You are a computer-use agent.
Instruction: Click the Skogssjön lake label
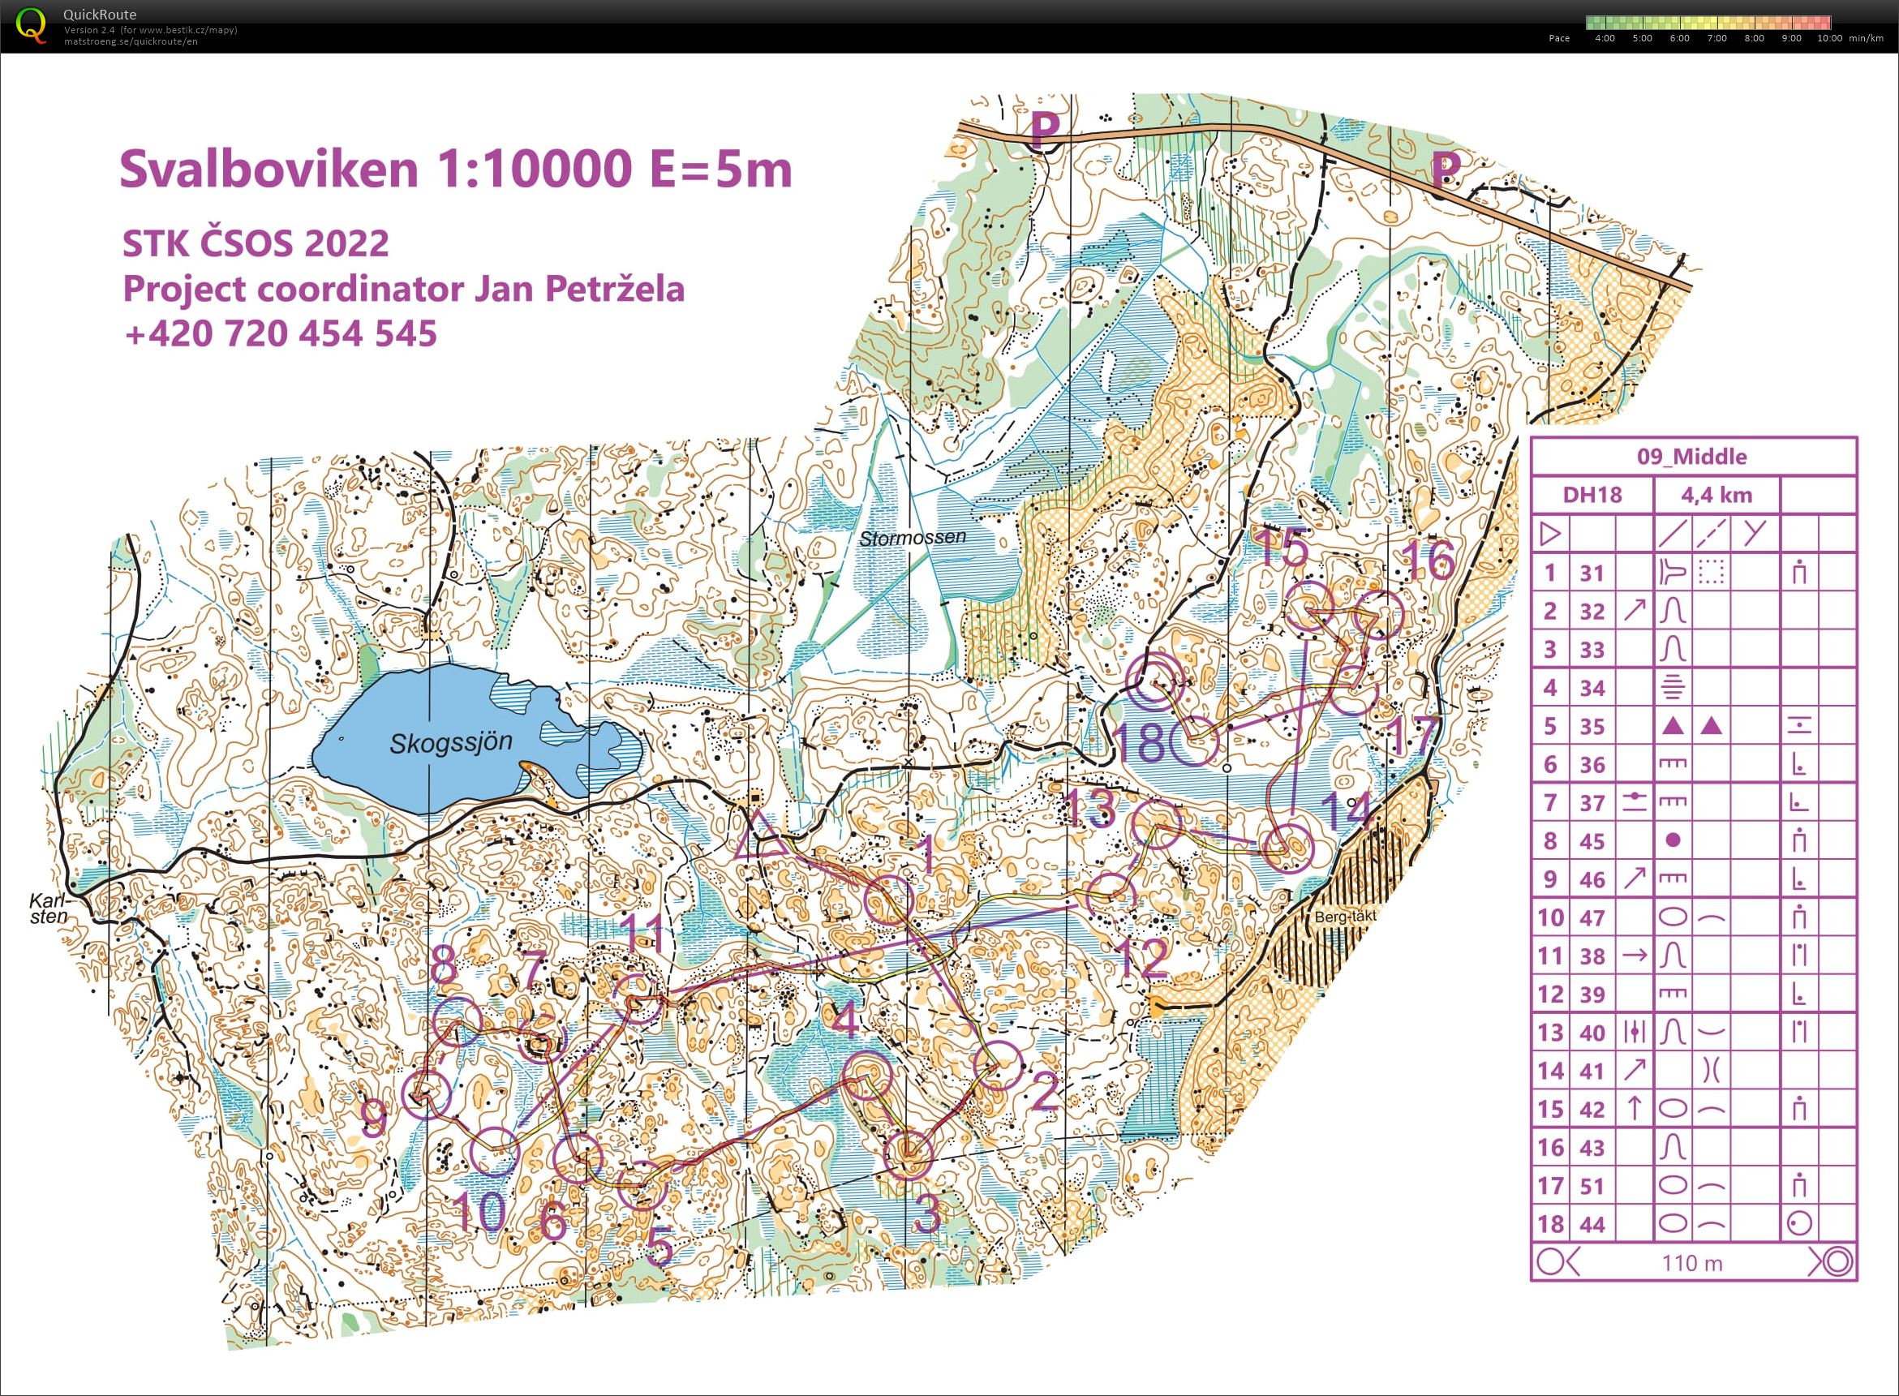pos(450,744)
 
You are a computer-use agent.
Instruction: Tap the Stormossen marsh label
pos(912,538)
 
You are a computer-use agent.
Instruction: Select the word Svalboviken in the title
pos(269,169)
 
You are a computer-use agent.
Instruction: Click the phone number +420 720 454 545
pos(280,332)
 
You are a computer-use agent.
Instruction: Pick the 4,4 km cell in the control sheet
pos(1716,494)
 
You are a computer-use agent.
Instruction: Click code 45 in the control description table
pos(1592,841)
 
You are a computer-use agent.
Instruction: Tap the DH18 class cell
pos(1592,494)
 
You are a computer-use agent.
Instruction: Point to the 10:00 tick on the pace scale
pos(1829,38)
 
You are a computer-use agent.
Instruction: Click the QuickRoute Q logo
pos(32,24)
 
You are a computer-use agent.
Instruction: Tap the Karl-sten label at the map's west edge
pos(49,909)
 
